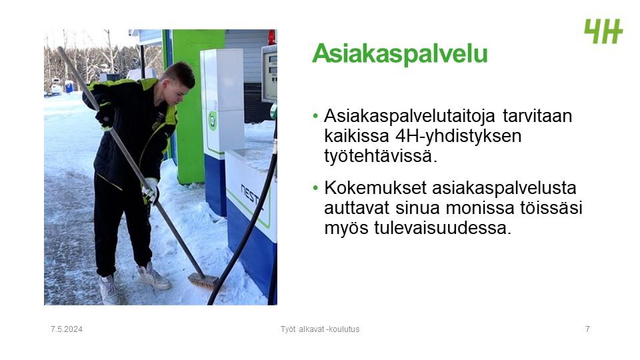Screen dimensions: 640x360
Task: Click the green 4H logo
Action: coord(603,31)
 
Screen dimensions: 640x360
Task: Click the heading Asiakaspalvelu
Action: coord(399,53)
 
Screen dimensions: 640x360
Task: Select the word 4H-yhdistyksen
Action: coord(459,136)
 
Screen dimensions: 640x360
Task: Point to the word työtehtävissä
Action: coord(381,155)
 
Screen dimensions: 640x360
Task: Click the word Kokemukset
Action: coord(375,188)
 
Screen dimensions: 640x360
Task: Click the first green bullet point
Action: coord(315,116)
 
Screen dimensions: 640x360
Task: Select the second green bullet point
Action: coord(315,188)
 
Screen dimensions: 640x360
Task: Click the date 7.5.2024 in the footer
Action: coord(67,329)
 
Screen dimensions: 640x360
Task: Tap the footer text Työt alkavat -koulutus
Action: coord(320,329)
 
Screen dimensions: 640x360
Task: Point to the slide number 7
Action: coord(587,329)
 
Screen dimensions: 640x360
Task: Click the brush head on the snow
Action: coord(203,281)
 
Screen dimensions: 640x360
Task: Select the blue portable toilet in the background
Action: coord(69,87)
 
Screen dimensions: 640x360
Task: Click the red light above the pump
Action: coord(272,37)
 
